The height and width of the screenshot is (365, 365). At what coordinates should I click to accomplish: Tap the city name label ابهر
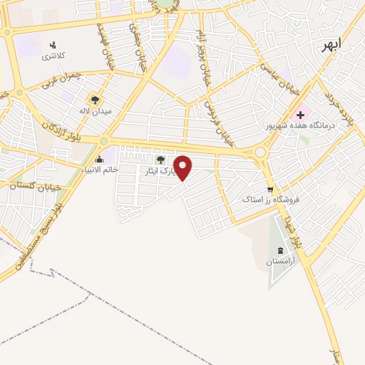(x=331, y=44)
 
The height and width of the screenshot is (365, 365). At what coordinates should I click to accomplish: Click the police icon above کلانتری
(x=52, y=46)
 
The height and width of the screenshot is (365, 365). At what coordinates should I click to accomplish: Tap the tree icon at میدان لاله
(x=95, y=100)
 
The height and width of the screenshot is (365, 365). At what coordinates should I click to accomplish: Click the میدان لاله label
(x=95, y=111)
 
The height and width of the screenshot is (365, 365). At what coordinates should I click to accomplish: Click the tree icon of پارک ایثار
(x=159, y=160)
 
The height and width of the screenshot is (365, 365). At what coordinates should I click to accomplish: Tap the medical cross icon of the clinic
(x=300, y=114)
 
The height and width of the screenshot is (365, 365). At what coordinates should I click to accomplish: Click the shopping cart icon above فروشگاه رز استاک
(x=269, y=190)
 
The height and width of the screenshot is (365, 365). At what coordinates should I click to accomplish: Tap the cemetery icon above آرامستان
(x=279, y=250)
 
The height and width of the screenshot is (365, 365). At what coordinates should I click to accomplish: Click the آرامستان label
(x=279, y=262)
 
